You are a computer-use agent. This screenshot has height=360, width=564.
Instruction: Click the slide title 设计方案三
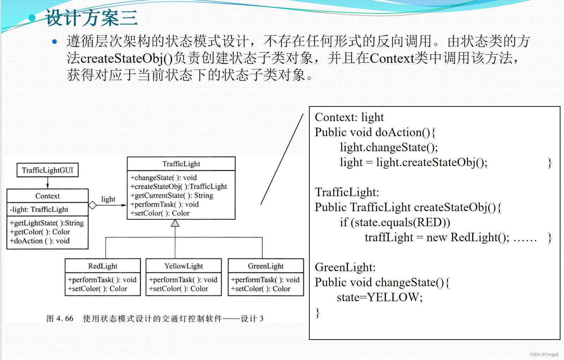[91, 18]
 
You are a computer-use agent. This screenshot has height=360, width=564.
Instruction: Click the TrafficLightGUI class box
[48, 170]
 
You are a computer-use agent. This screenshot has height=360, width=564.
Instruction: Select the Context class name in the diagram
[47, 196]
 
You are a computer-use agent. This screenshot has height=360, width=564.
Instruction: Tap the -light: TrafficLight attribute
[39, 209]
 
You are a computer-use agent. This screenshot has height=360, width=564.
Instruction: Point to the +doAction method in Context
[40, 241]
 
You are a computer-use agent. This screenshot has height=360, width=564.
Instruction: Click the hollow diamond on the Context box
[92, 205]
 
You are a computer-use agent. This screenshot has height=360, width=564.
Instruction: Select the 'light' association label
[108, 199]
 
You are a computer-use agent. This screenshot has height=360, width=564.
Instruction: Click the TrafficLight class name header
[181, 164]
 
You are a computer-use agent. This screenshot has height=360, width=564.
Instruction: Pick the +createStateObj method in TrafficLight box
[178, 187]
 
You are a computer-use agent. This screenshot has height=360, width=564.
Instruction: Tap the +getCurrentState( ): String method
[171, 195]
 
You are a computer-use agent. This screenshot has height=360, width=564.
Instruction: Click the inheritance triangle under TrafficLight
[175, 223]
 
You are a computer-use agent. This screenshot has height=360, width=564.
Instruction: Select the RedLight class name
[103, 266]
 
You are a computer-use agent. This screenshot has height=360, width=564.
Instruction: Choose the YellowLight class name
[183, 266]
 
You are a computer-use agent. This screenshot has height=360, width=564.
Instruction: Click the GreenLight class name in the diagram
[266, 266]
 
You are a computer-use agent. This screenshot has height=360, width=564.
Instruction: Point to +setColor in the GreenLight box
[260, 289]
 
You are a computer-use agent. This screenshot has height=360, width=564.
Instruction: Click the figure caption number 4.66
[65, 319]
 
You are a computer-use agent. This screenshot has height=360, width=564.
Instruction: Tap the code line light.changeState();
[389, 147]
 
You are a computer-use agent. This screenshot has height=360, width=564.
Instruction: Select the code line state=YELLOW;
[380, 297]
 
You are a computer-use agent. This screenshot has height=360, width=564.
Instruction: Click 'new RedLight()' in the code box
[467, 237]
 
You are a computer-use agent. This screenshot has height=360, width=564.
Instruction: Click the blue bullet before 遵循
[54, 42]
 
